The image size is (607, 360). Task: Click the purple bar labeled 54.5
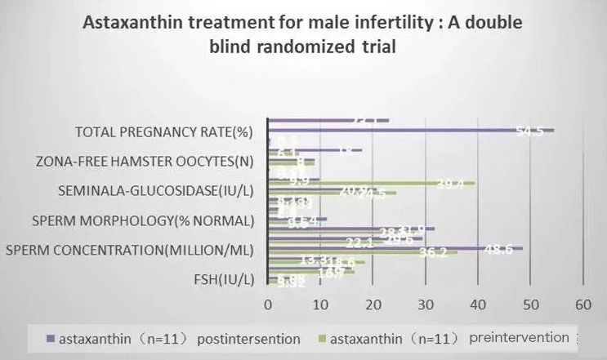pos(408,130)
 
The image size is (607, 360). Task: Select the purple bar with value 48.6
pos(392,247)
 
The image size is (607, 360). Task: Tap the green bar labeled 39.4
pos(368,183)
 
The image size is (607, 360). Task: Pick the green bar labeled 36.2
pos(359,252)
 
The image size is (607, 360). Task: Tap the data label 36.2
pos(432,253)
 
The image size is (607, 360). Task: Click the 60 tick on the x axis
pos(582,304)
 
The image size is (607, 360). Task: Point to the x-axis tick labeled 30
pos(426,304)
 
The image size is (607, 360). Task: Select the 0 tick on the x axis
pos(268,304)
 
